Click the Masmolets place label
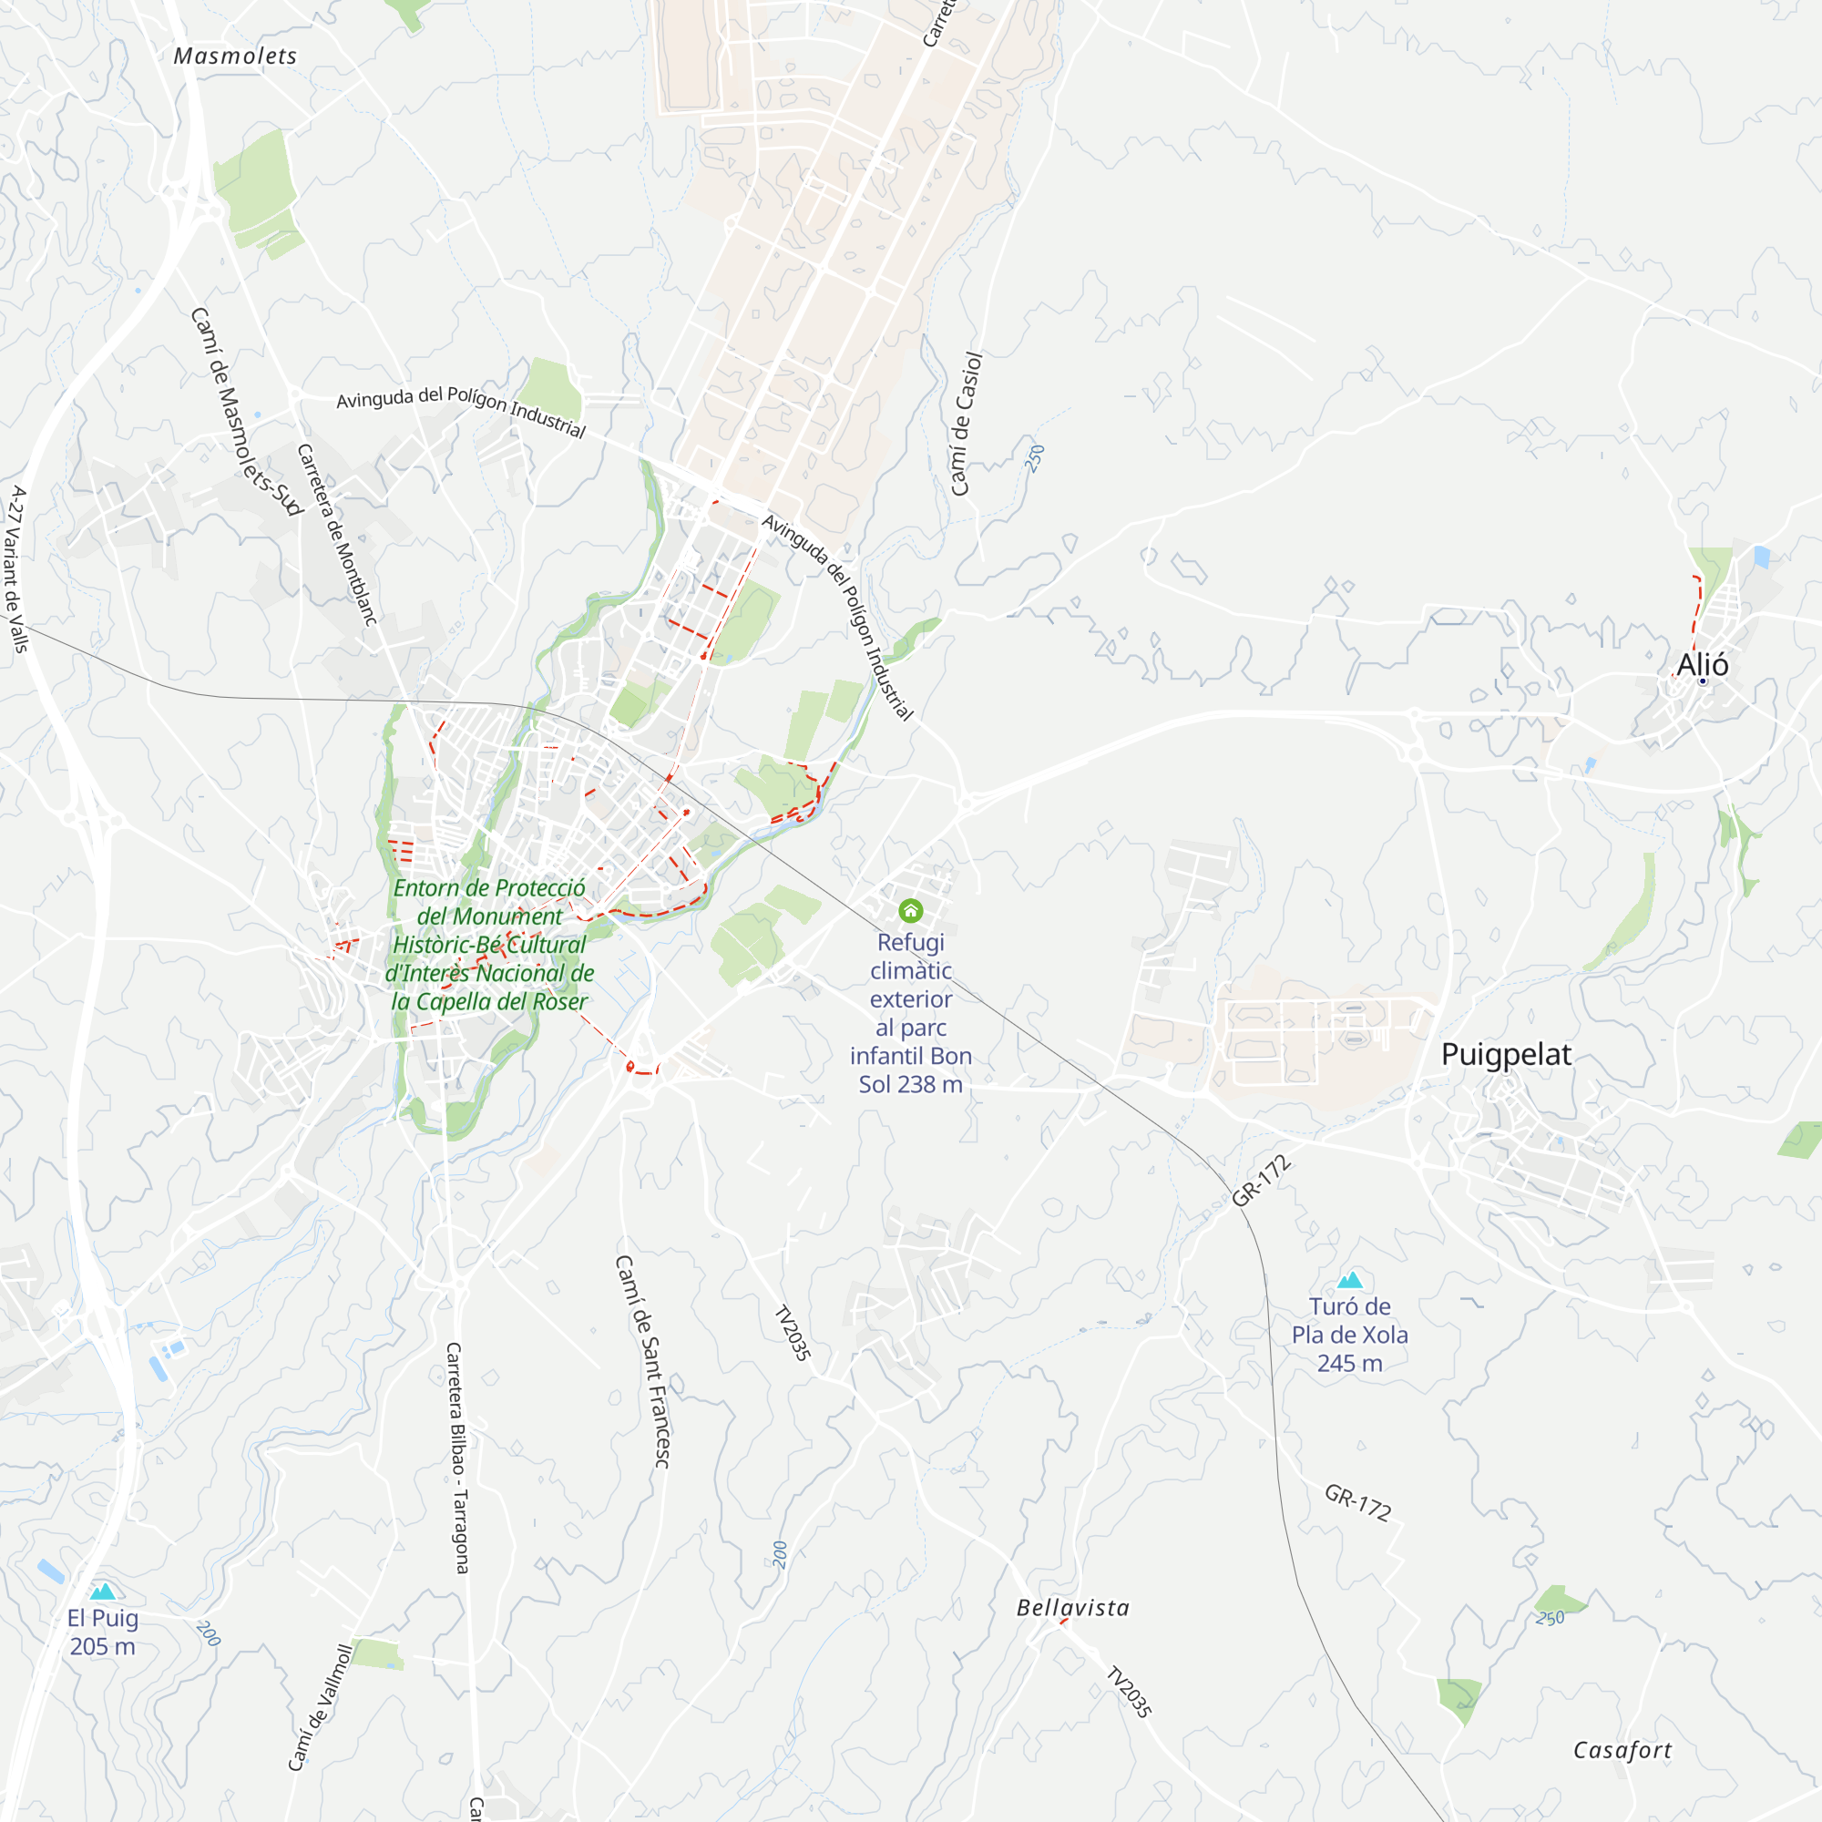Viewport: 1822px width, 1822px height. coord(235,56)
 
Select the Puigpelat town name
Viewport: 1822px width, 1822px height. coord(1506,1054)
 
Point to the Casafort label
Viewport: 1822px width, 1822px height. coord(1622,1750)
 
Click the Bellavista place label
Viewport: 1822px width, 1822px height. coord(1072,1608)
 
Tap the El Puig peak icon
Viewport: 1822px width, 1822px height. coord(103,1592)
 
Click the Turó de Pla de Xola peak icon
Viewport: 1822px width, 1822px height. coord(1349,1280)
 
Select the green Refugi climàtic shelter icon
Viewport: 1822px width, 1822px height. coord(910,910)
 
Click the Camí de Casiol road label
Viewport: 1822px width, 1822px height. coord(966,424)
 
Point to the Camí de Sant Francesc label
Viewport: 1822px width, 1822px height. coord(643,1361)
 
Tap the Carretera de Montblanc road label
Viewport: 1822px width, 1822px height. coord(337,535)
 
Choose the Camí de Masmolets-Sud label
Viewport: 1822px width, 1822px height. coord(246,411)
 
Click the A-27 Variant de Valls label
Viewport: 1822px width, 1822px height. coord(16,569)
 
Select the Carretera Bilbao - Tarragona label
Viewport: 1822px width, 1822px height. coord(456,1458)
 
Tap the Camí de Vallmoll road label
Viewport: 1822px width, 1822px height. coord(320,1707)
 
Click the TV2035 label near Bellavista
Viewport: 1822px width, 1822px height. coord(1128,1693)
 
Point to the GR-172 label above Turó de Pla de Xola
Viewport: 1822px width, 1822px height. coord(1261,1181)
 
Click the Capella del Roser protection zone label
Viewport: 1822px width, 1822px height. coord(489,945)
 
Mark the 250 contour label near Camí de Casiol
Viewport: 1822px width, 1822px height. coord(1035,458)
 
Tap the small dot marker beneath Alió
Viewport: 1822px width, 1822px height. coord(1703,681)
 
